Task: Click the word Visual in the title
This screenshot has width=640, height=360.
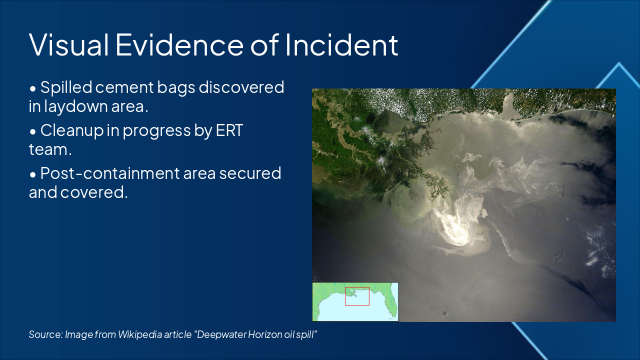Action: click(69, 44)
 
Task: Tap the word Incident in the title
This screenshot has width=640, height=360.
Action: click(342, 44)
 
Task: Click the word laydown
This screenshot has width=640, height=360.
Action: click(74, 106)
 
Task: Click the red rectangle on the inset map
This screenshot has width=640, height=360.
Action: click(357, 296)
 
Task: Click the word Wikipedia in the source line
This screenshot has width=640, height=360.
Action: click(139, 334)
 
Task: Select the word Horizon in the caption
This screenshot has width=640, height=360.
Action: click(263, 334)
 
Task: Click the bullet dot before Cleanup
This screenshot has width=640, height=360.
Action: click(33, 131)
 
